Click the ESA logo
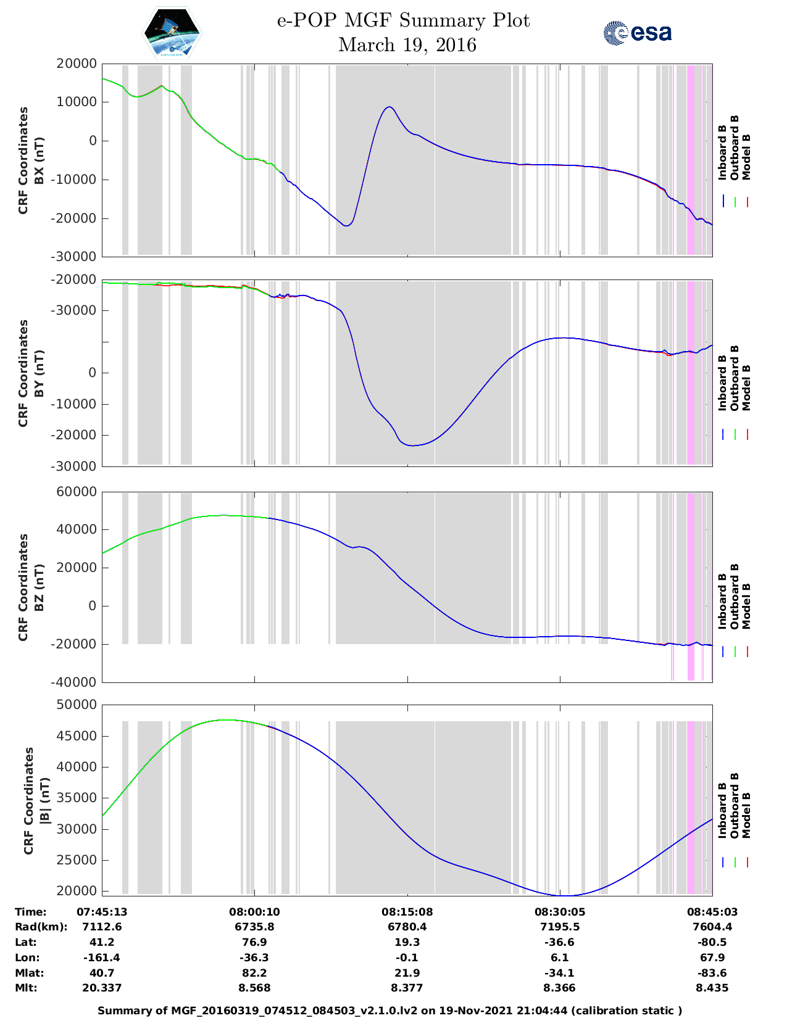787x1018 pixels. [x=638, y=33]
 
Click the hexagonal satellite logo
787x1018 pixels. [x=172, y=33]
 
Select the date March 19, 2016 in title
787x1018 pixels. [x=407, y=45]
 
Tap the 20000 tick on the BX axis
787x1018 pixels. [x=76, y=64]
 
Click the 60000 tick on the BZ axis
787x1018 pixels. [x=76, y=492]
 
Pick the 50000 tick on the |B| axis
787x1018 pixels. [x=76, y=705]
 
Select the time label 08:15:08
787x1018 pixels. [x=406, y=912]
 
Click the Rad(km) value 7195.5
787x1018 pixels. [x=560, y=927]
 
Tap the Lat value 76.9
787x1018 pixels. [x=254, y=942]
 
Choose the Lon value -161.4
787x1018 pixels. [x=102, y=958]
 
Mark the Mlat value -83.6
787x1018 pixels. [x=712, y=973]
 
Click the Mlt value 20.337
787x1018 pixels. [x=102, y=988]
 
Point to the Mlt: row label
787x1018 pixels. [x=26, y=988]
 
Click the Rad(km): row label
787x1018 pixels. [x=41, y=927]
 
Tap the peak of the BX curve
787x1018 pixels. [x=389, y=107]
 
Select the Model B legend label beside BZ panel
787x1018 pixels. [x=746, y=606]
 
